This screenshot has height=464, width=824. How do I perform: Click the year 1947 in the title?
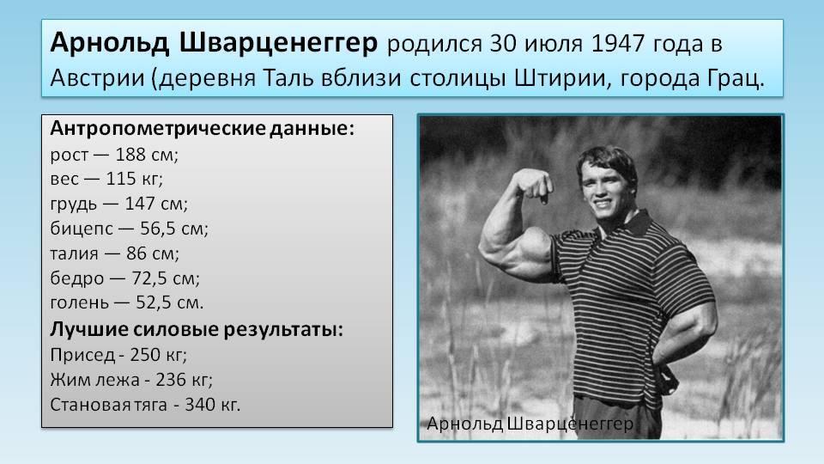point(618,44)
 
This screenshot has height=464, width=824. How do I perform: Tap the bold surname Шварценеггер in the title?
point(278,43)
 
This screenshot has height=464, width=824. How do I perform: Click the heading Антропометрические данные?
point(203,129)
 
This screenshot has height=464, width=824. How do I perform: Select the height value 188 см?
point(147,155)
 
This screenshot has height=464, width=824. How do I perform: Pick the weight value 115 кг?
point(134,179)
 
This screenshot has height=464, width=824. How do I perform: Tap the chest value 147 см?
point(155,204)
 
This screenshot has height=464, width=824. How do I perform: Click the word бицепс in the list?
point(82,229)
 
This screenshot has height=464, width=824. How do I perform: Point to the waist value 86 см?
point(153,253)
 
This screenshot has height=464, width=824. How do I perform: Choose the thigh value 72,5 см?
point(165,278)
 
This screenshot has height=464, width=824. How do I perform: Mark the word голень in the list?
point(79,303)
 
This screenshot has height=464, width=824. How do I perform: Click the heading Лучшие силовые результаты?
point(197,330)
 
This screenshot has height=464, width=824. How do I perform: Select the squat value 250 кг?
point(158,355)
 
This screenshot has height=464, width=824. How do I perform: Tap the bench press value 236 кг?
point(184,380)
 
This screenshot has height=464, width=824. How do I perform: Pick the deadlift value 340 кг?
point(212,405)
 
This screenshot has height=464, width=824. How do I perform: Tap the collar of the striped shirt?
point(637,223)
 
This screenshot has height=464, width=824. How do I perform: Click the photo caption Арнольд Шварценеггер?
point(530,424)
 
